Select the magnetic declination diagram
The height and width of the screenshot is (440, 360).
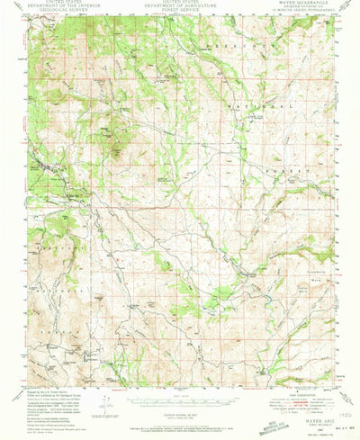point(108,378)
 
